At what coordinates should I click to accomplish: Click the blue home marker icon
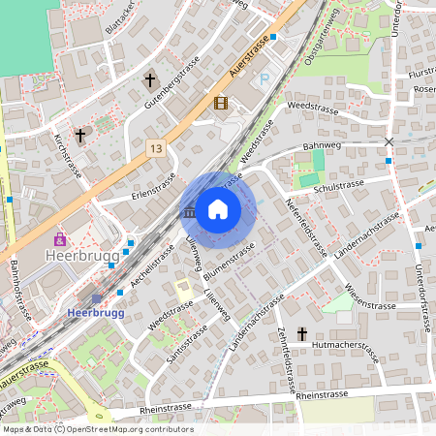(x=218, y=208)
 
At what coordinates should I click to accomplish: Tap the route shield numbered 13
(x=156, y=147)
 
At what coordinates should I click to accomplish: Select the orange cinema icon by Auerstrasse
(x=221, y=103)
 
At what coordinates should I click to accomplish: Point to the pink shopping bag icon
(x=60, y=237)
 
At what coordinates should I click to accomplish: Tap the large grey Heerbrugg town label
(x=81, y=258)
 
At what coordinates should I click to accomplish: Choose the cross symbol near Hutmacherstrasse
(x=302, y=334)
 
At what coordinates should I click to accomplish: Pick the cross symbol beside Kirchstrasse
(x=80, y=136)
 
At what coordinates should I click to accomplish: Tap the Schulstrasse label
(x=339, y=184)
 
